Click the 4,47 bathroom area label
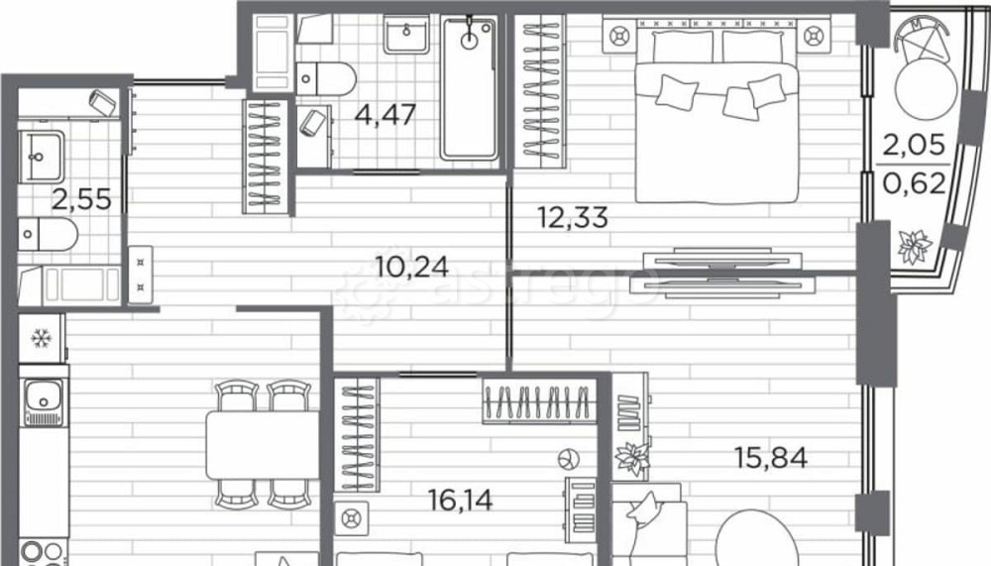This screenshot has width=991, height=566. click(385, 115)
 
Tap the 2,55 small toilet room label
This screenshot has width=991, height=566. click(81, 200)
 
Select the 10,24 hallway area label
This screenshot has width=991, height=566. click(412, 267)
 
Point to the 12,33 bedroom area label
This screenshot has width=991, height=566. click(573, 217)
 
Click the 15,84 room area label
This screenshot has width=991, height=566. click(770, 457)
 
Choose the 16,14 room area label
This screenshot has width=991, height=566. click(461, 501)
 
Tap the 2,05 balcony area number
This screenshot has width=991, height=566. click(914, 145)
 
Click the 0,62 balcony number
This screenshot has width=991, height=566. click(914, 183)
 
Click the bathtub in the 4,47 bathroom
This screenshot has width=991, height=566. click(469, 87)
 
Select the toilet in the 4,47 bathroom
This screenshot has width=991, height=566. click(325, 78)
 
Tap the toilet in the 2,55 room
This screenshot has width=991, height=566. click(48, 235)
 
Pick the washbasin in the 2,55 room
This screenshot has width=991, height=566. click(41, 157)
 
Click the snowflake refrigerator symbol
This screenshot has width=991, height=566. click(42, 338)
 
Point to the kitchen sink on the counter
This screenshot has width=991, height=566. click(43, 402)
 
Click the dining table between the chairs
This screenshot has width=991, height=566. click(263, 445)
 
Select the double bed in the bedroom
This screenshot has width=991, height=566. click(716, 116)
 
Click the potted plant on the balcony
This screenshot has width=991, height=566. click(914, 246)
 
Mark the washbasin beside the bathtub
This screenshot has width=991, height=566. click(406, 34)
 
